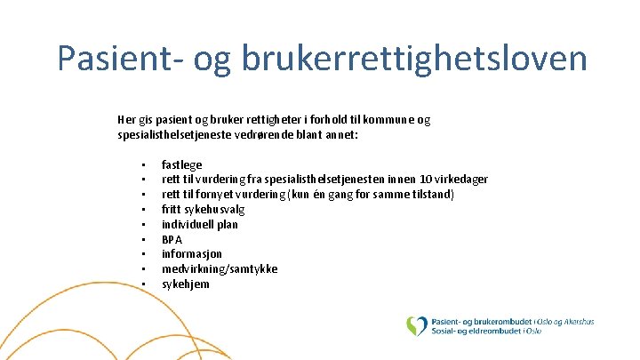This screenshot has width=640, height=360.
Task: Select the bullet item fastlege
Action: click(181, 164)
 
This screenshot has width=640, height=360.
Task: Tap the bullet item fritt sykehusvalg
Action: click(203, 209)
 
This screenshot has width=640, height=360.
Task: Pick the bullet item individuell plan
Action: click(199, 224)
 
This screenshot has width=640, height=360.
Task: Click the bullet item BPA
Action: click(172, 239)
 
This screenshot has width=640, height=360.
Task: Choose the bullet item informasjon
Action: click(191, 253)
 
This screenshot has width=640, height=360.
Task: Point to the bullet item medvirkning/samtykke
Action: click(219, 268)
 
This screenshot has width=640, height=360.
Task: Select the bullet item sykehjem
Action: click(185, 284)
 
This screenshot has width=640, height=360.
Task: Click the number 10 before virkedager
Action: click(428, 180)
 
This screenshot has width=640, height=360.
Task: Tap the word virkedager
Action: click(462, 180)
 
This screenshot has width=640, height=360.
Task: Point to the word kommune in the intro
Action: click(384, 119)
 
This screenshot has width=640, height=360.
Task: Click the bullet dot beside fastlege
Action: click(142, 165)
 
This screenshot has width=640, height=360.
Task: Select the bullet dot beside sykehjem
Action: click(142, 284)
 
